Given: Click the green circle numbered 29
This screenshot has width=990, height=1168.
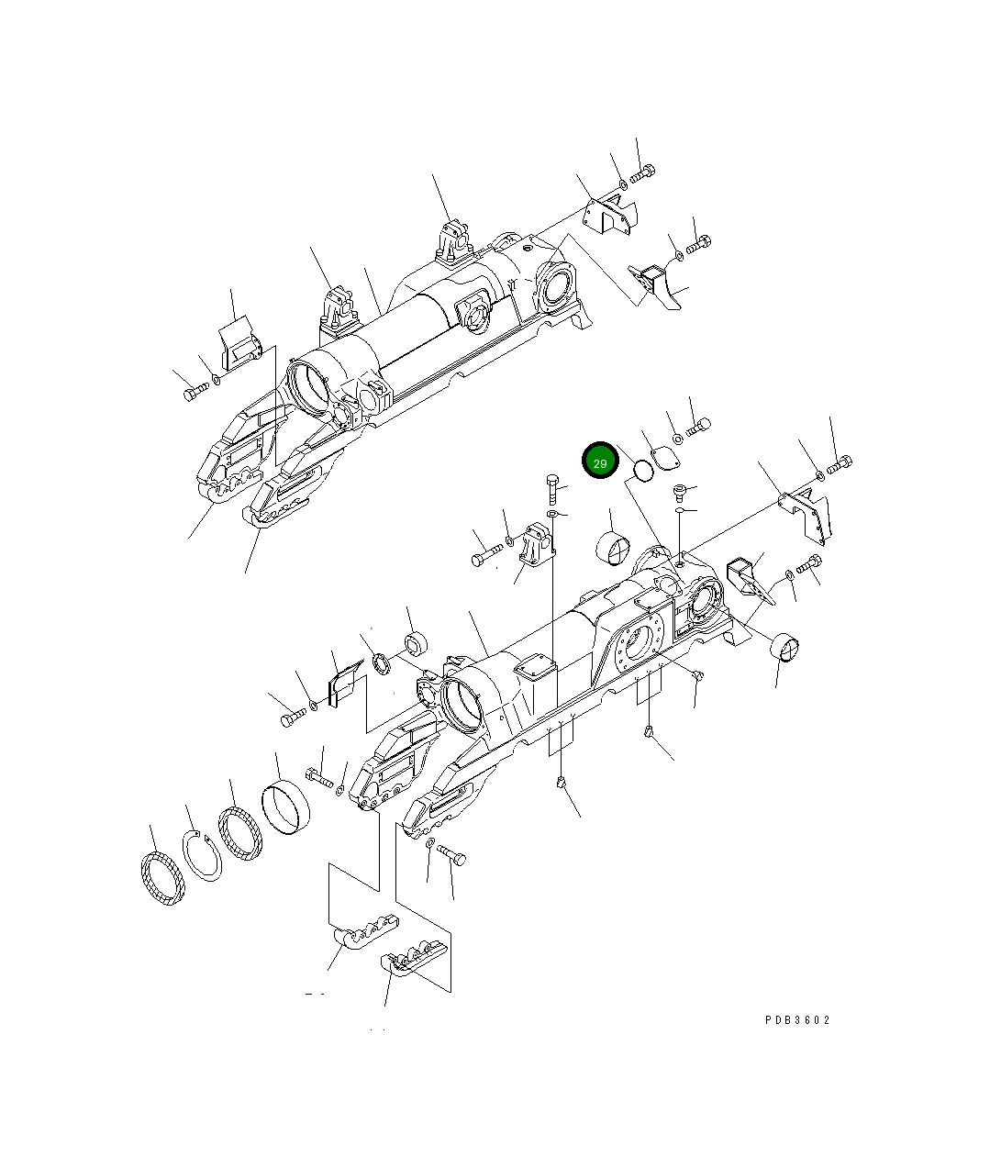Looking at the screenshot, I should tap(601, 462).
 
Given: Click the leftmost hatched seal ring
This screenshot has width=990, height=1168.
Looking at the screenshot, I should tap(161, 881).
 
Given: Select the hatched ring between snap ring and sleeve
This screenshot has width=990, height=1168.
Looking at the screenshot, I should tap(240, 833).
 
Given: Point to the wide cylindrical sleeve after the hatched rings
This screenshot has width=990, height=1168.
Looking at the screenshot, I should tap(285, 806).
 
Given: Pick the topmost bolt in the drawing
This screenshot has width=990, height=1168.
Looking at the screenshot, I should tap(641, 172).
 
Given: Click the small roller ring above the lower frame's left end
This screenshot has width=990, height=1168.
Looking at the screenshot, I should tap(417, 644).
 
